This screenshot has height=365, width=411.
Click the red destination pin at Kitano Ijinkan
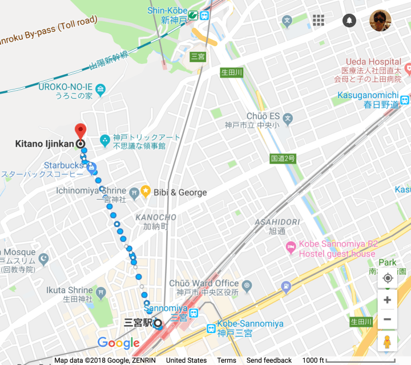coord(80,129)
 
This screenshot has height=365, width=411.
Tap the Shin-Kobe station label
coord(167,10)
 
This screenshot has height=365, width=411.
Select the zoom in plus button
coord(388,300)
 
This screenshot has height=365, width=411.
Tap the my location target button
coord(388,278)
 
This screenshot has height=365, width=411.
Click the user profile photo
coord(380,21)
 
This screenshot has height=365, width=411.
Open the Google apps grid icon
coord(319,21)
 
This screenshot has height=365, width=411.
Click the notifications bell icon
coord(349,21)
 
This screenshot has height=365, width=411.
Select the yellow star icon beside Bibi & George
coord(146,192)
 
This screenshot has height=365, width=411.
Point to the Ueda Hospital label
coord(373,62)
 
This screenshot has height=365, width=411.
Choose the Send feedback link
coord(269,360)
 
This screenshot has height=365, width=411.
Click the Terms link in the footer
coord(227,360)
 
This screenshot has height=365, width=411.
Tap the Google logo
coord(119,343)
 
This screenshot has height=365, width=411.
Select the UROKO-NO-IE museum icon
coord(101,89)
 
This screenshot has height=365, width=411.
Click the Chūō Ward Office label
coord(204,283)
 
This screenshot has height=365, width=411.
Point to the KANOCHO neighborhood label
coord(155,218)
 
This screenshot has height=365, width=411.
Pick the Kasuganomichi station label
coord(370,95)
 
